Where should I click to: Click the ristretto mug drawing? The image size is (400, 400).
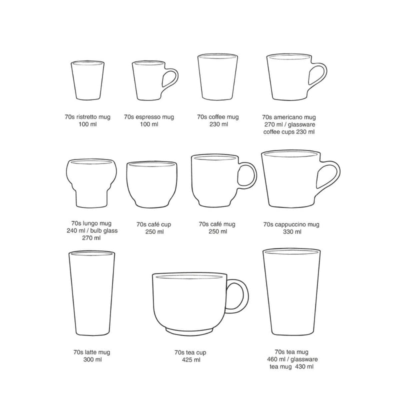tap(87, 80)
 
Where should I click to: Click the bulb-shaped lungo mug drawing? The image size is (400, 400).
tap(91, 183)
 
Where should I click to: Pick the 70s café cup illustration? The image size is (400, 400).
tap(152, 184)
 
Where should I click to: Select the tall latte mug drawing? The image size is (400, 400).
tap(91, 293)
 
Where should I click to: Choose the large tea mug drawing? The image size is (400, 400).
tap(291, 291)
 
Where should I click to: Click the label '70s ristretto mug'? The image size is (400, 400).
tap(87, 117)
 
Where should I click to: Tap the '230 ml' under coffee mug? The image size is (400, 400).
tap(218, 124)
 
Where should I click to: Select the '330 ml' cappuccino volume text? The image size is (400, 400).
tap(292, 232)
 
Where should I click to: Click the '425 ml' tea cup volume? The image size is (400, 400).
tap(191, 360)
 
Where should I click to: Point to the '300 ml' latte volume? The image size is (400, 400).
tap(92, 359)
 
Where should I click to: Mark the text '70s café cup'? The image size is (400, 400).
tap(153, 224)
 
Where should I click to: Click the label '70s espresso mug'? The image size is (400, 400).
tap(149, 117)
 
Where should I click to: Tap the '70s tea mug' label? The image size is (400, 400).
tap(291, 352)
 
